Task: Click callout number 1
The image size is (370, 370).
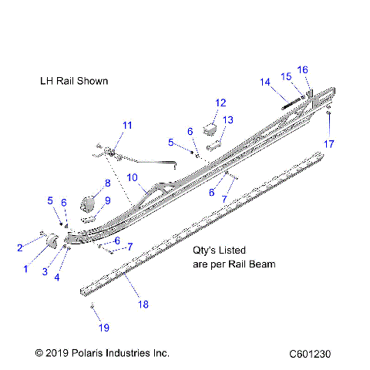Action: pos(26,268)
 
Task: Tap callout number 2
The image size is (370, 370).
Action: pos(20,247)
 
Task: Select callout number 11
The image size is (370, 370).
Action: pos(127,125)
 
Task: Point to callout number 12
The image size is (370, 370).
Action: pos(220,103)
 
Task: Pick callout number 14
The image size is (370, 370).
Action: pos(265,82)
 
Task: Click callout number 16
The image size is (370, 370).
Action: pos(303,70)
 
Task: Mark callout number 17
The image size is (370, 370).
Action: pos(329,143)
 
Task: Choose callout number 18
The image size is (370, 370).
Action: pos(142,304)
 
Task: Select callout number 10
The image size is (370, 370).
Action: pos(132,178)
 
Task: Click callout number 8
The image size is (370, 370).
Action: pos(108,183)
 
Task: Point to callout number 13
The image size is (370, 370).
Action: pos(228,119)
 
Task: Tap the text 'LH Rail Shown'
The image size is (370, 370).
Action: pos(74,80)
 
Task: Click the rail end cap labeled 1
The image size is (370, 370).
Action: pos(53,242)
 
